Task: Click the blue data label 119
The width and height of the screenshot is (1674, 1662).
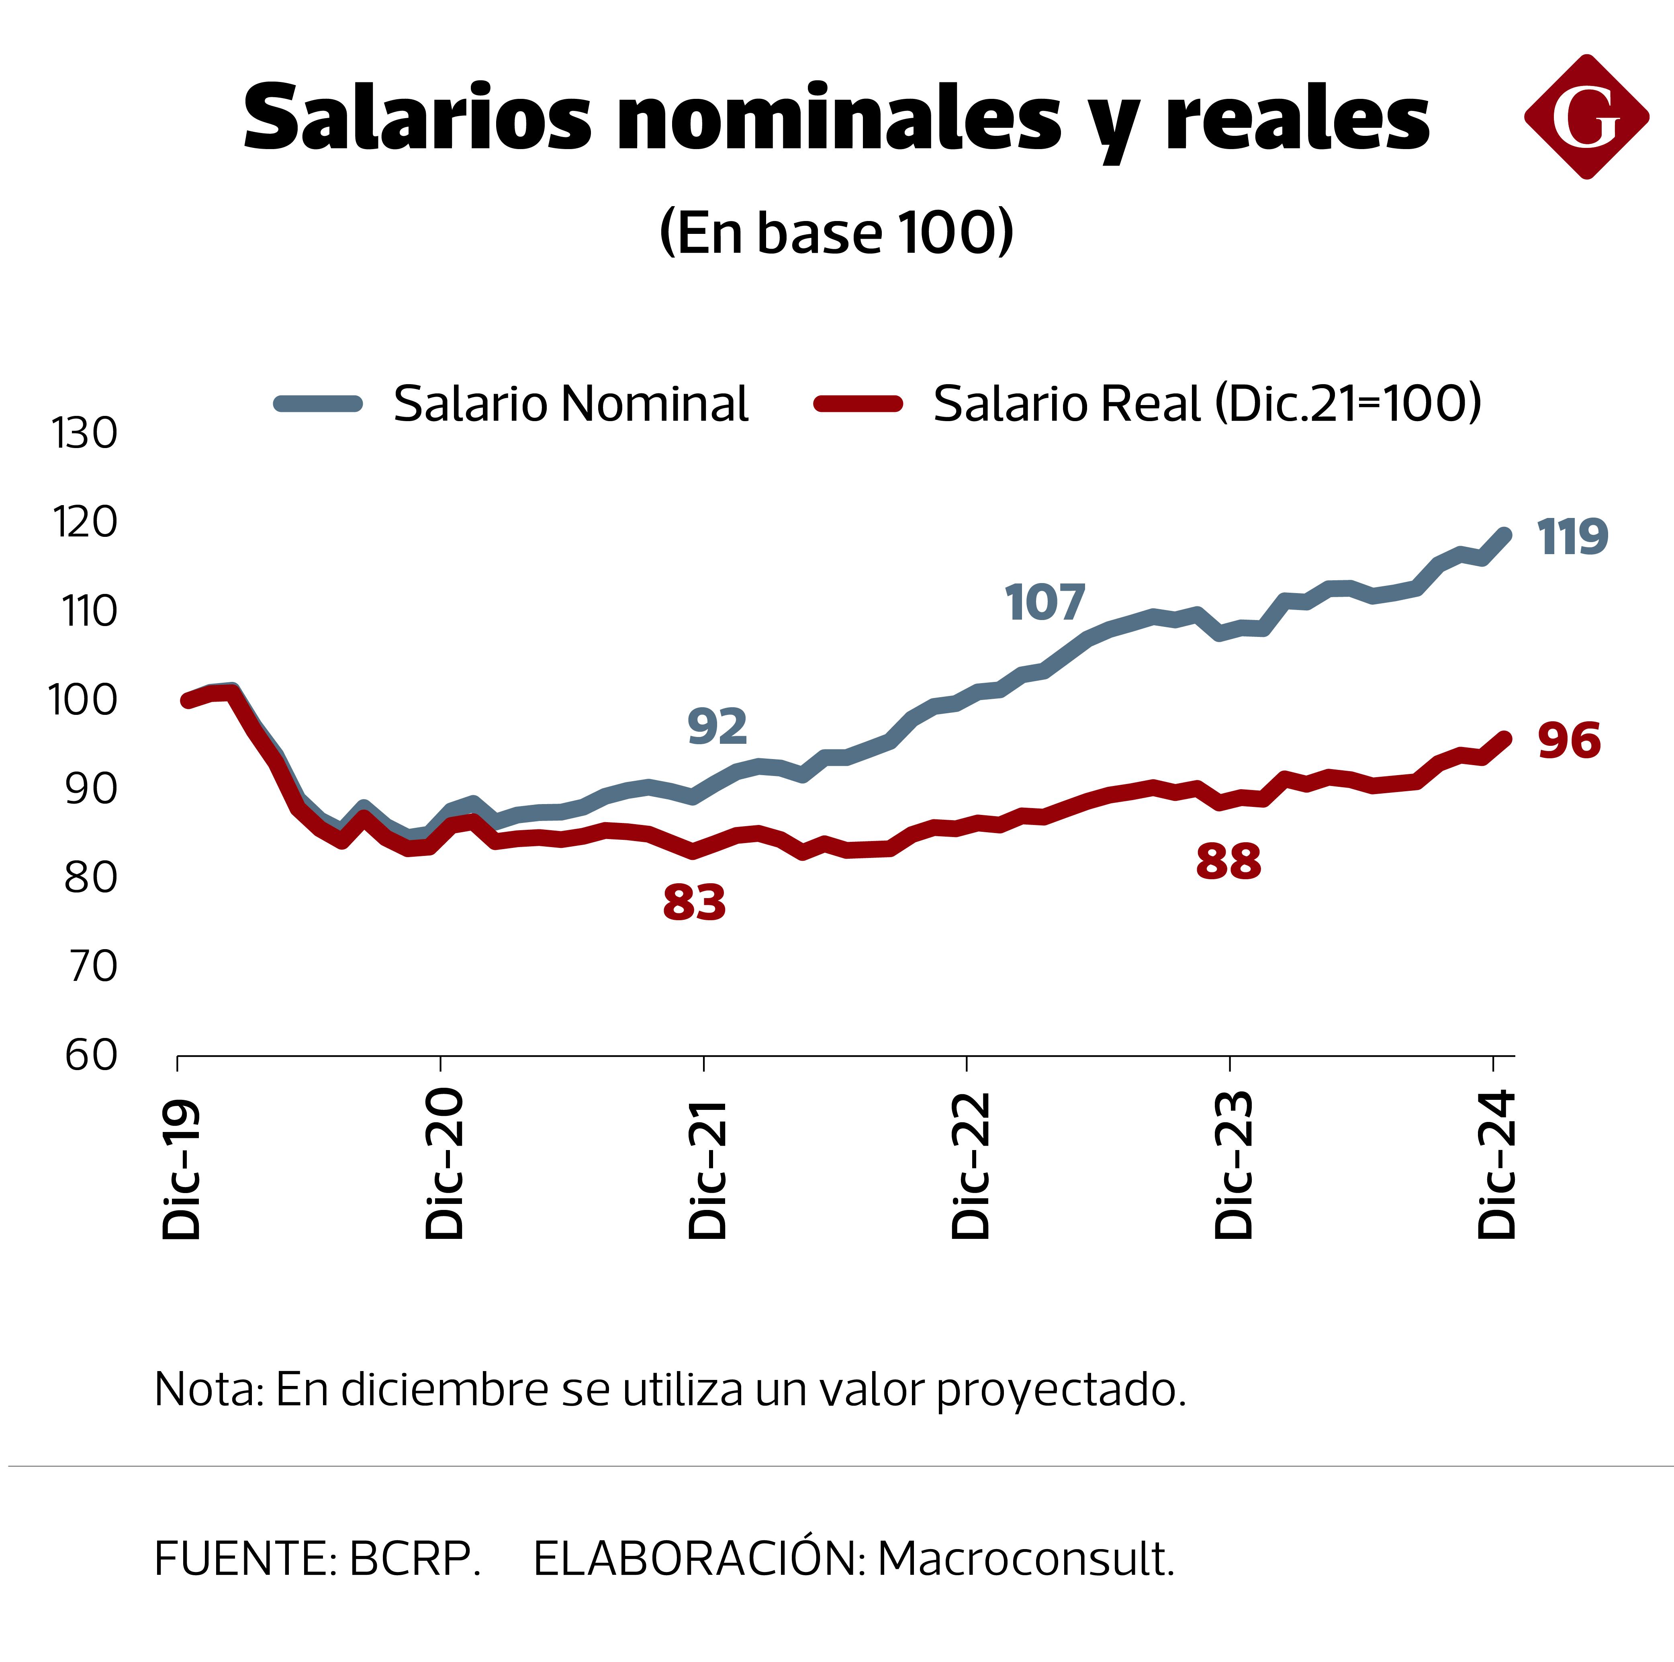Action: point(1572,537)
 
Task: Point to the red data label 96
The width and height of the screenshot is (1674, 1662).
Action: point(1568,741)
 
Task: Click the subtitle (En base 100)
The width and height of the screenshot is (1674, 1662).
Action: point(836,232)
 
